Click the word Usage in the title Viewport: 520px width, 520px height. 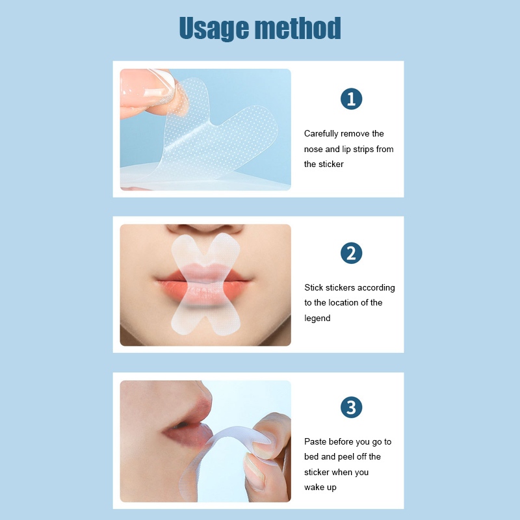point(214,29)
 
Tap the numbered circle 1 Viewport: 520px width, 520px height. point(351,99)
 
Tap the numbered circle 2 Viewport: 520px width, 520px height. point(351,253)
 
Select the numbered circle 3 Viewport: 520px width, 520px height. point(351,408)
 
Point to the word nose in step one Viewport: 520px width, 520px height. point(313,149)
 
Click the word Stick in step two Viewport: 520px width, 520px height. point(313,287)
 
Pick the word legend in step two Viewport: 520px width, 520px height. point(317,318)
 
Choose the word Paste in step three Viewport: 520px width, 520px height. point(315,442)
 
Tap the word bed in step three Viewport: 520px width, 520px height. point(311,457)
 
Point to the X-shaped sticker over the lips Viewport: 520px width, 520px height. point(205,284)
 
